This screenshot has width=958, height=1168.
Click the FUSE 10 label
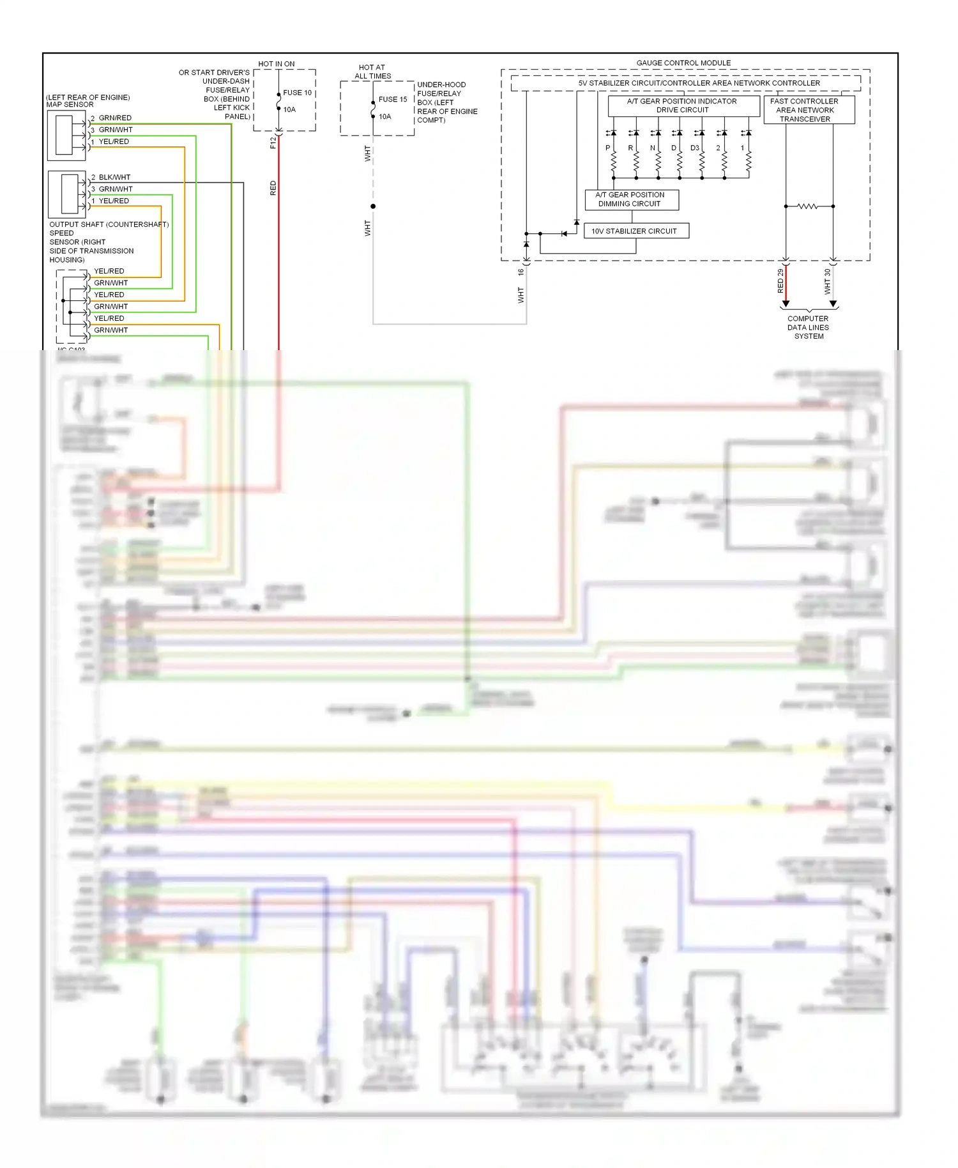(297, 93)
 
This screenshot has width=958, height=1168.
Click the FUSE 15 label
(392, 99)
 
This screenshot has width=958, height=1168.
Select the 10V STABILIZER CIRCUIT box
(636, 231)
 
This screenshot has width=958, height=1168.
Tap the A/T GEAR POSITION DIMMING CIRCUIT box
(631, 199)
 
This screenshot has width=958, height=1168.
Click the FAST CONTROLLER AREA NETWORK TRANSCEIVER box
(808, 110)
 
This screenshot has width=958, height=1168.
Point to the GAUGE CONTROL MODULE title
(683, 63)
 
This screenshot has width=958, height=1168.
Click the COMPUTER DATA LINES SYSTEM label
(808, 327)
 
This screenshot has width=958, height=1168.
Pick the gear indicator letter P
(608, 148)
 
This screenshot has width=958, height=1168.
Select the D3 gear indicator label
(694, 148)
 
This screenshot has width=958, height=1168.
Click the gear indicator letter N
(653, 148)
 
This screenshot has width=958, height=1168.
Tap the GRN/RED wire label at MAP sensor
(115, 118)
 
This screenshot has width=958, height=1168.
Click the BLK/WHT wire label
(114, 177)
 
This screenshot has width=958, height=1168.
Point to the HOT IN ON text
(277, 64)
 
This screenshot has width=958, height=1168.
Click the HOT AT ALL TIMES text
(372, 72)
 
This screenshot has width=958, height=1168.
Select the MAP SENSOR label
(70, 104)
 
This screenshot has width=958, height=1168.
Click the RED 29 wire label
(780, 281)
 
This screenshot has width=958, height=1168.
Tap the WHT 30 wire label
(828, 281)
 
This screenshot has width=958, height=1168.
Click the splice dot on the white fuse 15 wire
(373, 206)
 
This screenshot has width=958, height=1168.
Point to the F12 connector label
(273, 142)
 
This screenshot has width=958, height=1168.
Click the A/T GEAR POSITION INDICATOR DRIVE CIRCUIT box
(683, 105)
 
